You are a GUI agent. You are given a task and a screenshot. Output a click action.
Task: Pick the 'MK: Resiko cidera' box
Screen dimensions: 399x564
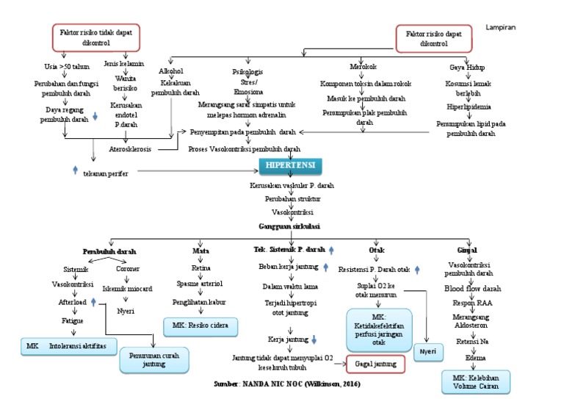[200, 324]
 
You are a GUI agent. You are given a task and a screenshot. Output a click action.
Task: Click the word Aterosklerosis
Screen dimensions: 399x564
[131, 148]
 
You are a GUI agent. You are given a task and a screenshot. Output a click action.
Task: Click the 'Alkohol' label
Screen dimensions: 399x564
[170, 71]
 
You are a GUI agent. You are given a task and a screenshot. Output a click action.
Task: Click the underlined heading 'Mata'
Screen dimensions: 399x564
[200, 251]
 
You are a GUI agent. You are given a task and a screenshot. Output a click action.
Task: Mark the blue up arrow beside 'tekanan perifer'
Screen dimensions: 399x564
[76, 170]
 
